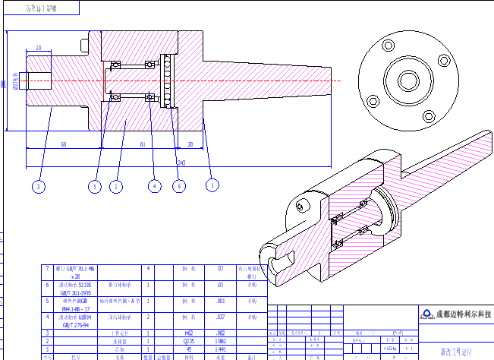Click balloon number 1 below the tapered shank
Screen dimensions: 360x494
(x=212, y=185)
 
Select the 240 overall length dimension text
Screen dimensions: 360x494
(x=181, y=163)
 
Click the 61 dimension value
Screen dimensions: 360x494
(x=143, y=144)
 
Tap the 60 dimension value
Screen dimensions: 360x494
(x=63, y=144)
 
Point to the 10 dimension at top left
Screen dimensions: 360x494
(x=38, y=48)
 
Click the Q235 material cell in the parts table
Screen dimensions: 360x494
(x=189, y=341)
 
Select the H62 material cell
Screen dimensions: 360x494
(x=189, y=333)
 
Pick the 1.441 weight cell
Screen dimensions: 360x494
(x=221, y=349)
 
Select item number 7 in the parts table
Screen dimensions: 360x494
(x=47, y=268)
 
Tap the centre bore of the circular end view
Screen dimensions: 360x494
(x=409, y=79)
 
